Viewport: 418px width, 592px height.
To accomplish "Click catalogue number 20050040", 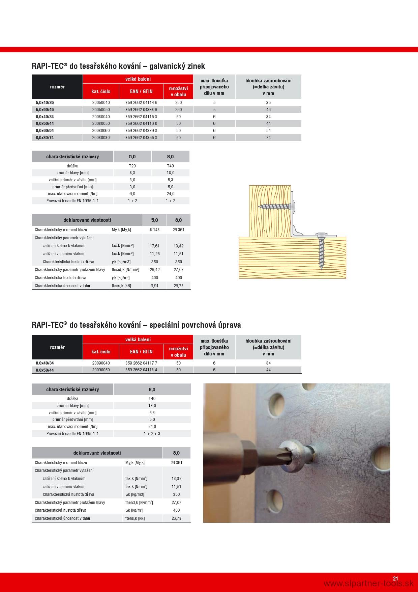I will tap(101, 102).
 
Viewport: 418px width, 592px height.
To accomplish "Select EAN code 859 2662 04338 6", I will tap(141, 109).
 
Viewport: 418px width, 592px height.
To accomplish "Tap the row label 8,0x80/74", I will tap(44, 137).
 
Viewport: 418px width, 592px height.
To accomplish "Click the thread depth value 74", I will tap(268, 137).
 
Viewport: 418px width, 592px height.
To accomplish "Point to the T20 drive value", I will tap(132, 166).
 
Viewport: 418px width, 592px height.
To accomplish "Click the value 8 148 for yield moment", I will tap(155, 230).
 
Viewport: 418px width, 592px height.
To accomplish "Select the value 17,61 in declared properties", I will tap(155, 246).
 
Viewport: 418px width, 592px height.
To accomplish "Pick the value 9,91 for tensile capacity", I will tap(155, 286).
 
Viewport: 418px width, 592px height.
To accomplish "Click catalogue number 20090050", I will tap(101, 370).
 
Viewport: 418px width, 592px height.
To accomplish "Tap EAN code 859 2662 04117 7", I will tap(141, 363).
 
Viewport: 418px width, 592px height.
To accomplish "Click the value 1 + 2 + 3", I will tap(152, 433).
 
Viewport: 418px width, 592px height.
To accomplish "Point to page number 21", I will tap(395, 578).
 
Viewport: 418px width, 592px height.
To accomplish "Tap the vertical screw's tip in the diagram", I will tap(322, 268).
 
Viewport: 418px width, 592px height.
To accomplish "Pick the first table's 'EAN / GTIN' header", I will tap(141, 91).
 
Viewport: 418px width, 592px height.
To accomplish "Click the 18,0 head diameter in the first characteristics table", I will tap(170, 173).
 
